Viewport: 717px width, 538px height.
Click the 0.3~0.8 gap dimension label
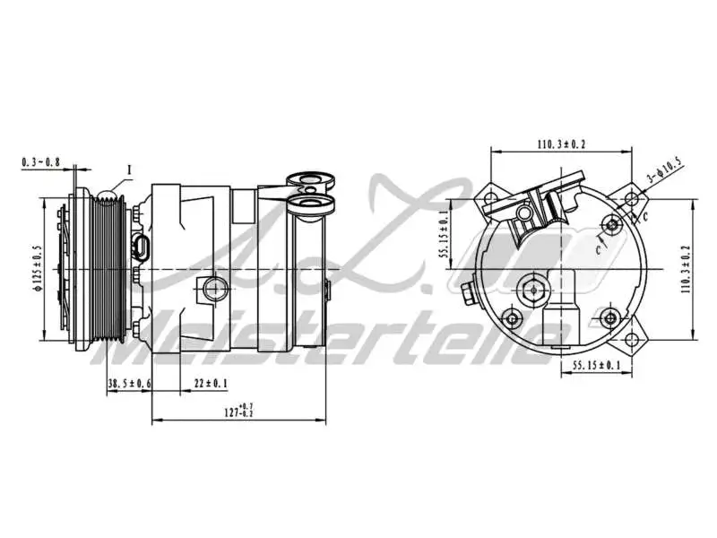[x=40, y=162]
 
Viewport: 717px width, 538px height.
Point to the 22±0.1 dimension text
[x=211, y=384]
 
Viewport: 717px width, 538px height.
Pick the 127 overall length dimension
[x=237, y=412]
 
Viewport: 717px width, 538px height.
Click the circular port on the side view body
[x=214, y=289]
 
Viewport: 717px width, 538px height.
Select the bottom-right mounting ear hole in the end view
[x=635, y=342]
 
